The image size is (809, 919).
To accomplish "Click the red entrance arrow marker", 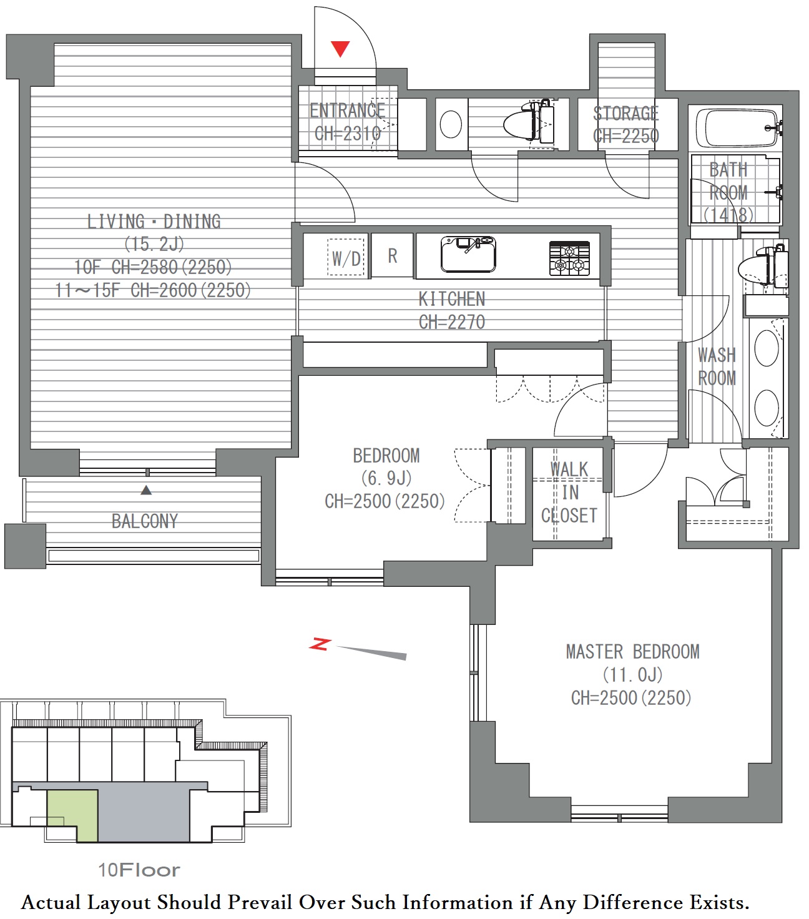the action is [x=340, y=49].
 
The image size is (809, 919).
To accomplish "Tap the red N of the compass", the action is [x=320, y=644].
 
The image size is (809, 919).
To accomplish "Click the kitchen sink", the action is [x=468, y=255].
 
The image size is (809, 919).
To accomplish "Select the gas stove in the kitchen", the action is [x=569, y=258].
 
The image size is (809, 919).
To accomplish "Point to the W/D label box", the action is [x=346, y=257].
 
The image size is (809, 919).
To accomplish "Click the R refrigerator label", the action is [x=393, y=256].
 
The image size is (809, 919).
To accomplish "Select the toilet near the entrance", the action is [x=529, y=122].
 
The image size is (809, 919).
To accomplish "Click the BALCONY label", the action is [x=145, y=521].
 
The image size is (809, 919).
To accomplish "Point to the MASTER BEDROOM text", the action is [x=632, y=652].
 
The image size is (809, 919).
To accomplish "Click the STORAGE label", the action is [x=626, y=114].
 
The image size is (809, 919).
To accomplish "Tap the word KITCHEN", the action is [x=452, y=299].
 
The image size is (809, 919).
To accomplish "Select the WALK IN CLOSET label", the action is [x=569, y=492].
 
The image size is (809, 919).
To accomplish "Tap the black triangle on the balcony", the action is [x=146, y=490].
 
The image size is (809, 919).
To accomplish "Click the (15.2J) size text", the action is [x=154, y=244].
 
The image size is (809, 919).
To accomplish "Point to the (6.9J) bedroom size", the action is [x=386, y=478].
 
